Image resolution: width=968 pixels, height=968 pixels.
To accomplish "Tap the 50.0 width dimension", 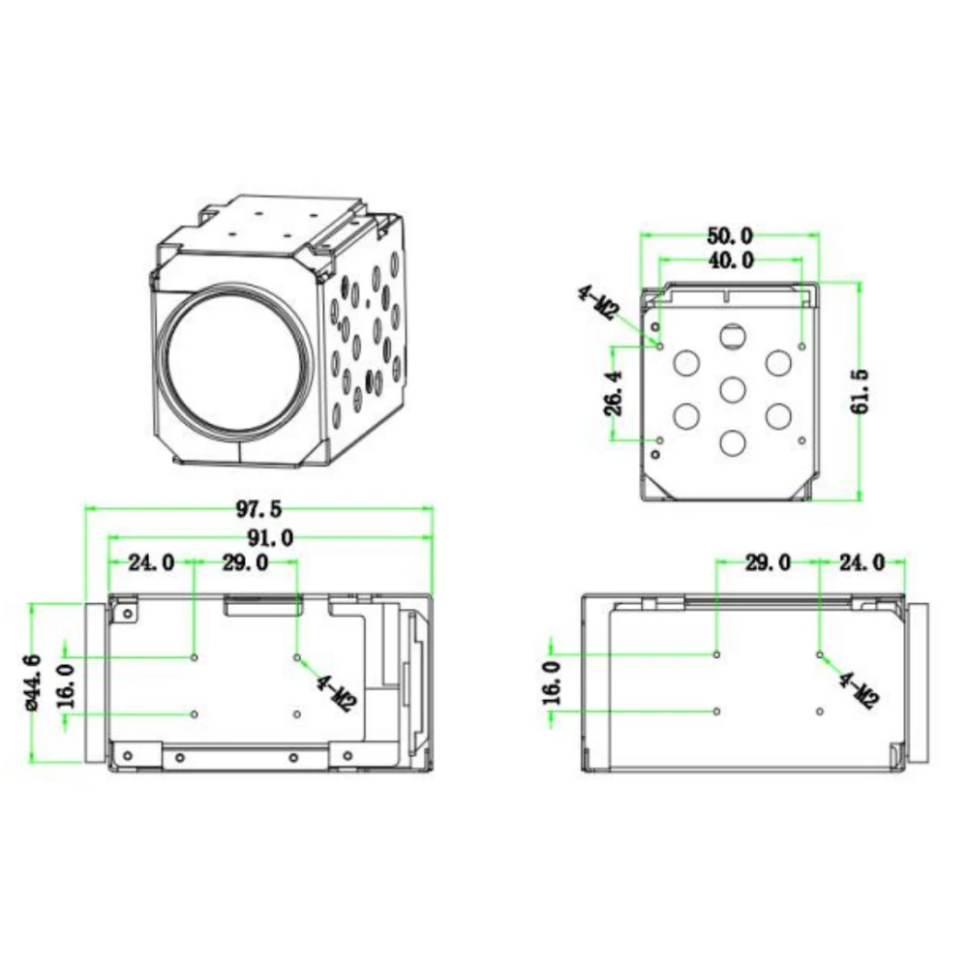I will coord(732,235).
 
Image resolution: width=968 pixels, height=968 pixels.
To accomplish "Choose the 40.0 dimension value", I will coord(732,259).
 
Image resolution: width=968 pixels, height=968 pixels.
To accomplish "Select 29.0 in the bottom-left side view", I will coord(246,562).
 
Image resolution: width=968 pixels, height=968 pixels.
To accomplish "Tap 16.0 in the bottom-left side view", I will coord(65,685).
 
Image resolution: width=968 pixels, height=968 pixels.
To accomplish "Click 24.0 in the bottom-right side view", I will coord(861,562).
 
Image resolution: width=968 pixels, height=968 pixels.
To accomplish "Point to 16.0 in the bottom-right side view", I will coord(551,682).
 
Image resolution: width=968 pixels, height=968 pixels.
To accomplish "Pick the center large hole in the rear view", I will coord(733,389).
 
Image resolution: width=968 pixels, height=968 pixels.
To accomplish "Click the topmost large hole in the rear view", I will coord(733,336).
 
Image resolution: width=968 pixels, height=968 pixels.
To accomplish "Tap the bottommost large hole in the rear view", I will coord(733,441).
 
